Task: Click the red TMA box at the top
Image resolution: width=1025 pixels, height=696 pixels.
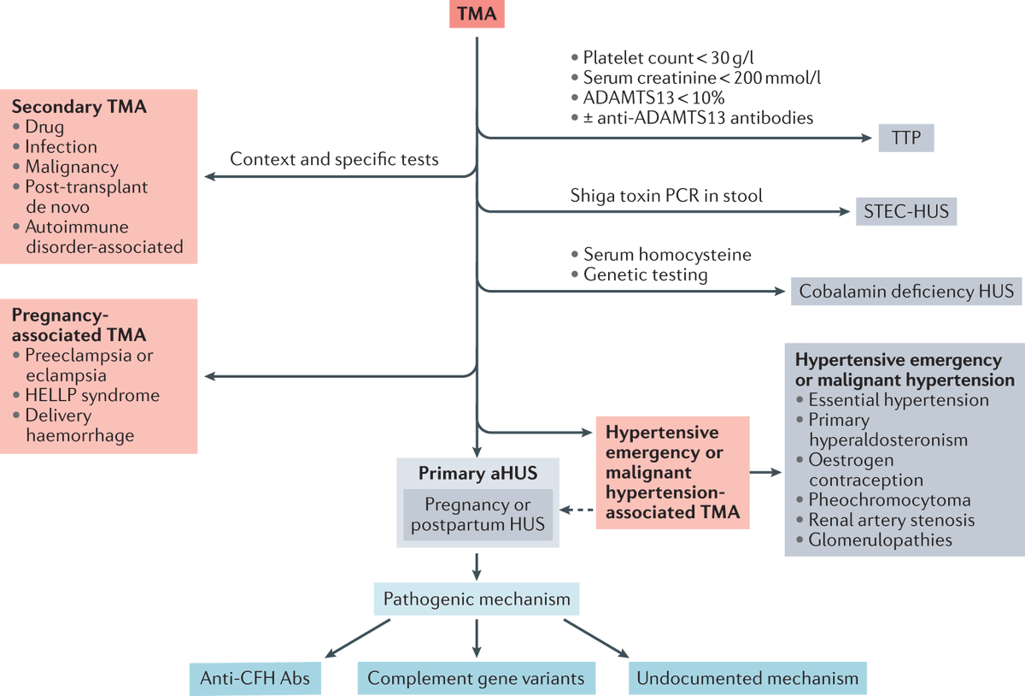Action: (477, 15)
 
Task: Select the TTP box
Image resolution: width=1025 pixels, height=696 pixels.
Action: (906, 137)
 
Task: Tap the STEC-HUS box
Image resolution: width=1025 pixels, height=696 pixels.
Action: (906, 210)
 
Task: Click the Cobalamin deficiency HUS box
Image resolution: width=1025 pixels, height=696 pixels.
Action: (906, 292)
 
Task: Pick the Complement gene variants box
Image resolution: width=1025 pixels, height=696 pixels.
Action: (476, 679)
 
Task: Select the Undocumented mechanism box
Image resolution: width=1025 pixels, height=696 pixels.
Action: (748, 679)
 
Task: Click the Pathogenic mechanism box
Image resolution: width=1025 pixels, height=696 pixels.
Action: (477, 599)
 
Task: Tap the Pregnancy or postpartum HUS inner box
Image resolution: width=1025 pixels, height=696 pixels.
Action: (477, 514)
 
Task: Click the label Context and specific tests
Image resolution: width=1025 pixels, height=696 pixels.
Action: (334, 159)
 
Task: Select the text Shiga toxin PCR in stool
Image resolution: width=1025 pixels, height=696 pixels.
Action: (666, 196)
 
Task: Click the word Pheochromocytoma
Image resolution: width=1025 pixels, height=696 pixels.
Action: (889, 500)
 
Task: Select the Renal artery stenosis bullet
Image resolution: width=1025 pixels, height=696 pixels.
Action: (891, 520)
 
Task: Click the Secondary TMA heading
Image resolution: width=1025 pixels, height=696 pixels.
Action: (79, 108)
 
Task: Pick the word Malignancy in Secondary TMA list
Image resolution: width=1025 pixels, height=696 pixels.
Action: (72, 167)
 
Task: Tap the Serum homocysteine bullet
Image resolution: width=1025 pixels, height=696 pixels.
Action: (666, 255)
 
